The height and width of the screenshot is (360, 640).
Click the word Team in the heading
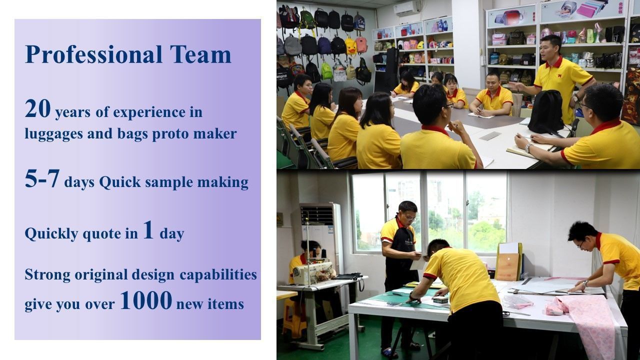coord(200,54)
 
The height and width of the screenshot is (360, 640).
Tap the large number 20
coord(37,108)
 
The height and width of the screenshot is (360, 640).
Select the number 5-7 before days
coord(42,178)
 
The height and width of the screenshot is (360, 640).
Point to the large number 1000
coord(146,300)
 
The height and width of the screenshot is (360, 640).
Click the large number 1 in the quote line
coord(148,229)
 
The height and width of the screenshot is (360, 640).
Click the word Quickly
coord(51,234)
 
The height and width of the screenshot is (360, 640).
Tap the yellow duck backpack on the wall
coord(350,45)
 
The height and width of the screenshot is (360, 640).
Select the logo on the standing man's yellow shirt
coord(559,75)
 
